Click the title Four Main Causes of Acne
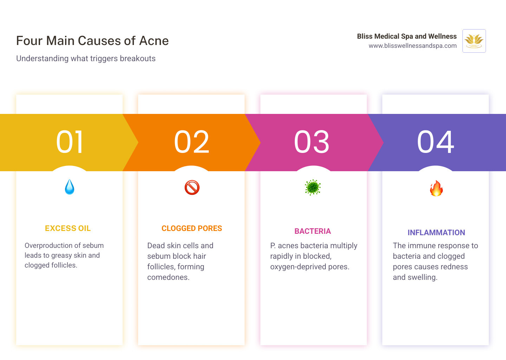coord(92,41)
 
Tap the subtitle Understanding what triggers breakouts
coord(86,58)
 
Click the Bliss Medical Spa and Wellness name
coord(407,36)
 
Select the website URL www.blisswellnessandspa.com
coord(413,46)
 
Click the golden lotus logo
coord(474,41)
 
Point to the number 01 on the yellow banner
coord(70,142)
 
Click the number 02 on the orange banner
coord(192,142)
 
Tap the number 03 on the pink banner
coord(312,142)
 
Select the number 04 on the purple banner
coord(436,142)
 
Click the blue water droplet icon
coord(70,187)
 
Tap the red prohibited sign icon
coord(192,187)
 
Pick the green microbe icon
coord(313,187)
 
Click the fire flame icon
coord(436,188)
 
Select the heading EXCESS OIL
coord(68,229)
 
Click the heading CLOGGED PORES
coord(192,229)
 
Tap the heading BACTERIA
coord(313,231)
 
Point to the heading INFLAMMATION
coord(436,233)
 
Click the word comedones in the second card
coord(168,277)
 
